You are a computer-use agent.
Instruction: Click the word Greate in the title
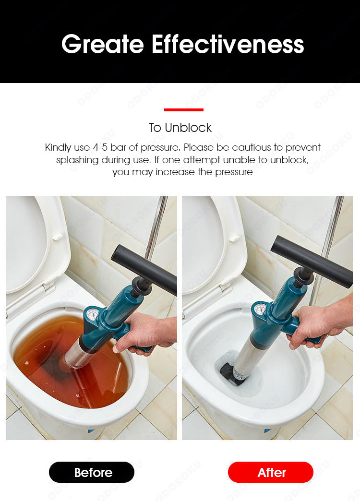[103, 44]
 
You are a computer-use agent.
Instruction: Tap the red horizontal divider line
[183, 110]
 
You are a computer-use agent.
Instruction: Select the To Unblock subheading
[180, 128]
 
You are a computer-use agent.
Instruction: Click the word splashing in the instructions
[77, 160]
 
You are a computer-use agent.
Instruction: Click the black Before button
[91, 472]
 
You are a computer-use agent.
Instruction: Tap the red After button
[270, 472]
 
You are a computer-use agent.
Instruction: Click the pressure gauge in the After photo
[260, 310]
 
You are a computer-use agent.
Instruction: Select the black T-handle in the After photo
[311, 261]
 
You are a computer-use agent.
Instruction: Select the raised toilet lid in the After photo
[213, 243]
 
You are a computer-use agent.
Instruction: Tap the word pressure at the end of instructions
[234, 172]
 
